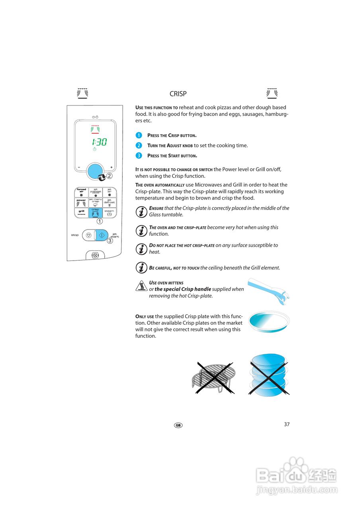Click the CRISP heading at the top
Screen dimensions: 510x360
(178, 94)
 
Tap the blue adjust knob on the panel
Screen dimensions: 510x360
(96, 171)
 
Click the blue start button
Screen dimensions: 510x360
(102, 235)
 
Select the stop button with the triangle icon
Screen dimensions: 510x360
(88, 235)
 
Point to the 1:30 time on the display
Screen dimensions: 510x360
(99, 142)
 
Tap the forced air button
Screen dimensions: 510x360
(81, 192)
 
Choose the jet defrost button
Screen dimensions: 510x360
(109, 203)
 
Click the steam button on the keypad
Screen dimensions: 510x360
(109, 213)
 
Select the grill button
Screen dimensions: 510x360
(81, 213)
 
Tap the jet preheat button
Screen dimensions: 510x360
(95, 192)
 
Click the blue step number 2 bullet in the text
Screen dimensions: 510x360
(139, 145)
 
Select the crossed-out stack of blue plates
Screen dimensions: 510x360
(269, 375)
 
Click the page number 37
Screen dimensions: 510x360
(287, 424)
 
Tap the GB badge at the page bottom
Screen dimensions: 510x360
(178, 425)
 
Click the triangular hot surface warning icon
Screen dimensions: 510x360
(141, 286)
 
